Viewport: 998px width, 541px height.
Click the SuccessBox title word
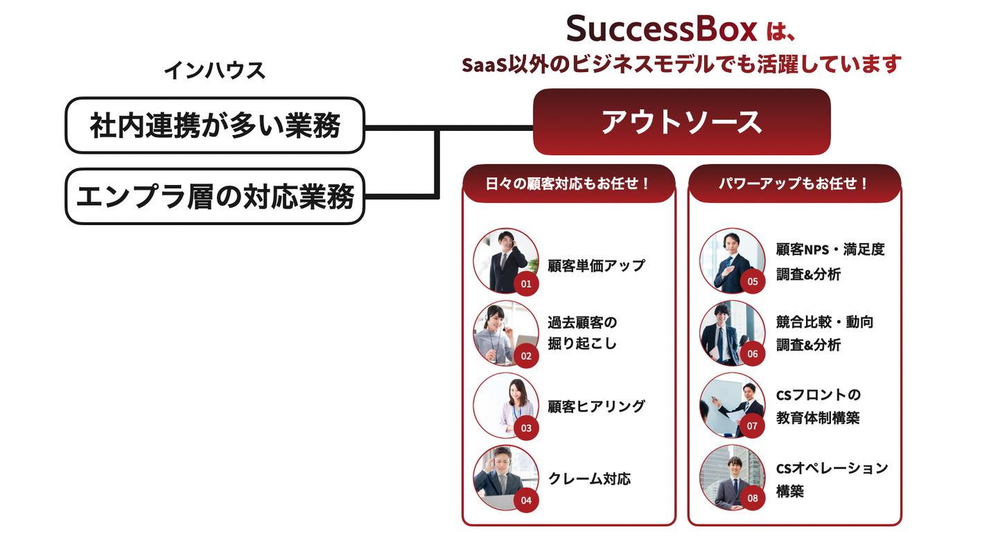661,29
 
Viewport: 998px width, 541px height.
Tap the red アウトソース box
681,122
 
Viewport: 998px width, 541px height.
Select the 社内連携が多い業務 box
215,125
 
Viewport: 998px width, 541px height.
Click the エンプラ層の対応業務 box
215,197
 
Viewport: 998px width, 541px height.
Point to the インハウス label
215,70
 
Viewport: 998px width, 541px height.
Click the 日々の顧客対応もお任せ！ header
568,184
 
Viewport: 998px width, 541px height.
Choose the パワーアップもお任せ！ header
794,184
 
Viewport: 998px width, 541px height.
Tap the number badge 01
526,284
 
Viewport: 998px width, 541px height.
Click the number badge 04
526,500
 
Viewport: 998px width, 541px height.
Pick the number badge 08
753,498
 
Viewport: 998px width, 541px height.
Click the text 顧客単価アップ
596,265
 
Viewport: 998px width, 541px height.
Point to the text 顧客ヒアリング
596,407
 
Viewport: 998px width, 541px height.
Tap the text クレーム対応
589,479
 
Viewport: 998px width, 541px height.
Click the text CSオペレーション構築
832,479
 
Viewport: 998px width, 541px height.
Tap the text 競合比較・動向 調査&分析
825,333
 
